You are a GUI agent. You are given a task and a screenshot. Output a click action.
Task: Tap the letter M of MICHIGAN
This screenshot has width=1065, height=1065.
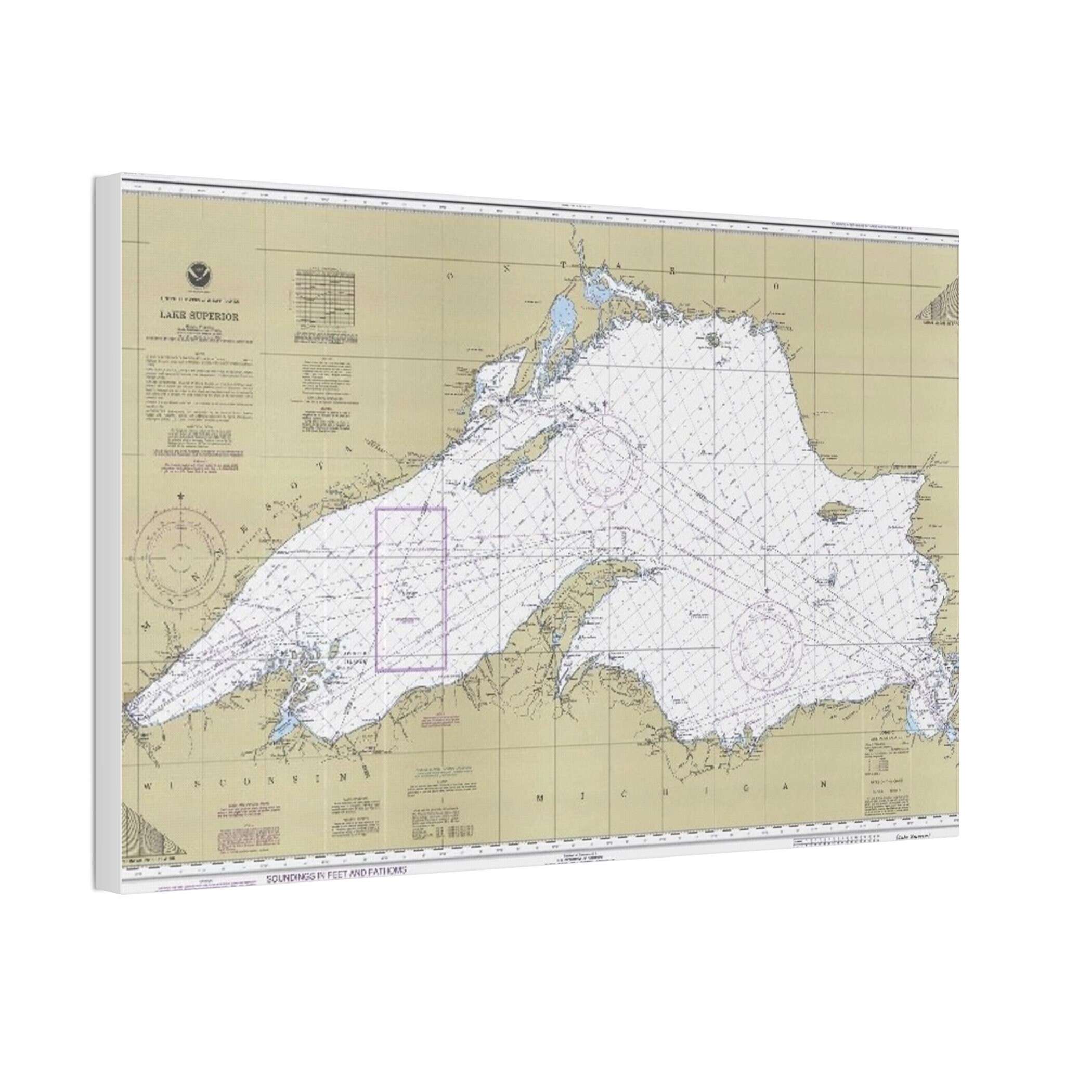point(542,798)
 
